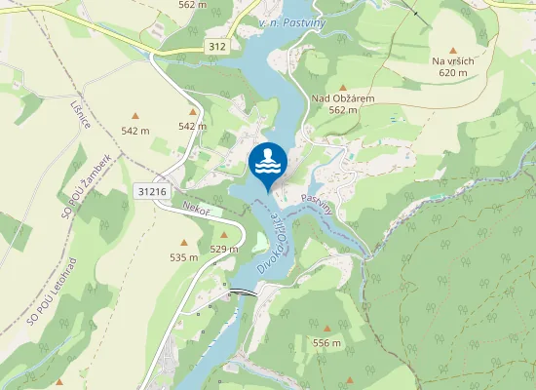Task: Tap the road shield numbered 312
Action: tap(217, 46)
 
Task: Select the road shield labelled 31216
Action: tap(151, 192)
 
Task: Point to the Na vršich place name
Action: tap(452, 60)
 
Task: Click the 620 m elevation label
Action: tap(453, 72)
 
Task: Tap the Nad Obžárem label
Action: tap(343, 98)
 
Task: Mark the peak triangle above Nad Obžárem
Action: tap(342, 87)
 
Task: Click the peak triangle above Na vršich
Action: tap(452, 49)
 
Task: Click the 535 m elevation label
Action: tap(183, 257)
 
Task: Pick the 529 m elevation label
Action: tap(224, 249)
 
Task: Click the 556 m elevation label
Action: tap(326, 343)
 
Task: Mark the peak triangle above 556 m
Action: tap(326, 330)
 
